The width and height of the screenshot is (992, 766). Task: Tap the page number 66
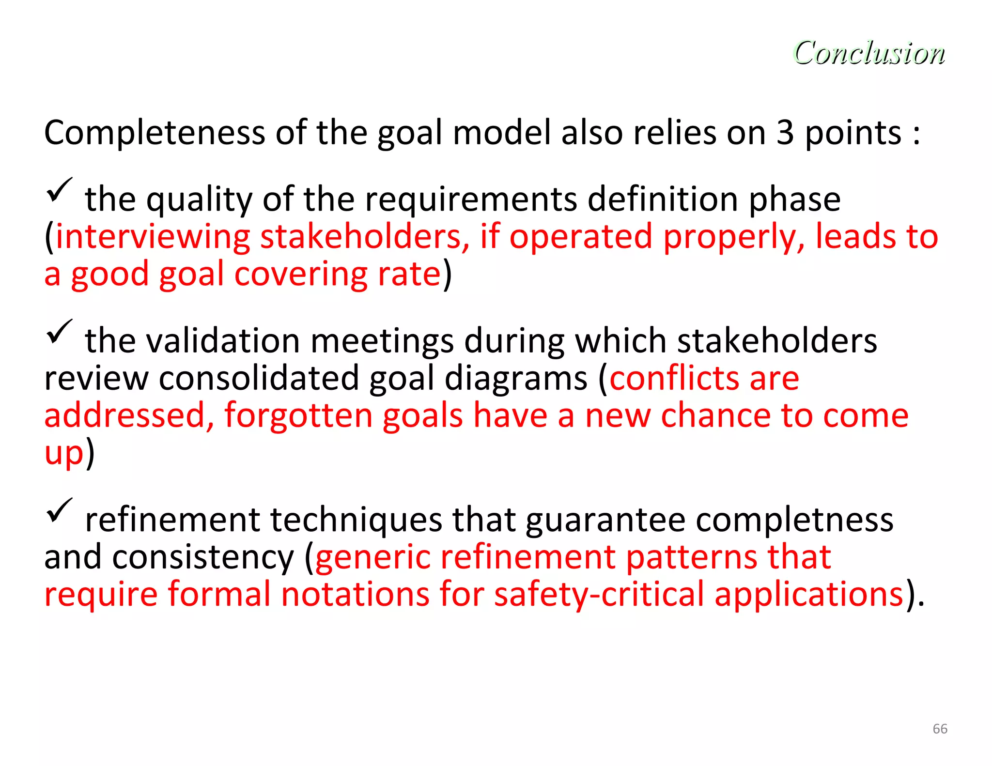click(x=940, y=729)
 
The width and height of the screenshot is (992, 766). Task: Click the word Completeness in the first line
click(x=155, y=133)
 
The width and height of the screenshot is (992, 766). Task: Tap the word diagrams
click(x=516, y=378)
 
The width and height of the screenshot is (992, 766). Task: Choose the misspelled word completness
click(x=794, y=520)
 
